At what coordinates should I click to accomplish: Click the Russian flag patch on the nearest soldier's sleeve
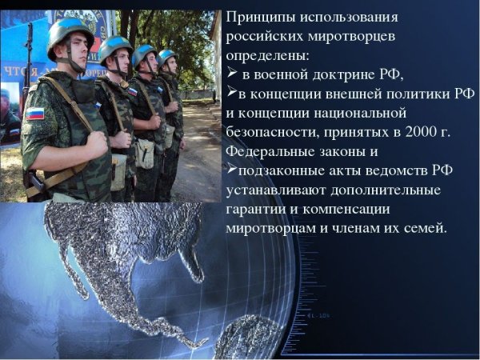pyautogui.click(x=35, y=114)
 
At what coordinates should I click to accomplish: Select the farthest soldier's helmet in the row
pyautogui.click(x=167, y=56)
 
